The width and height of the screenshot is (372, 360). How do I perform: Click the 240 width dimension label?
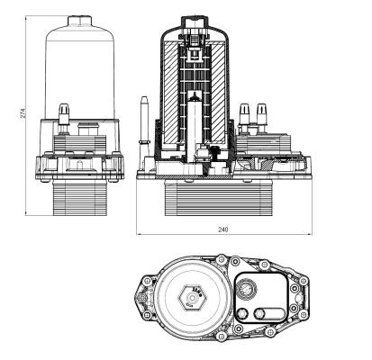[223, 230]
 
